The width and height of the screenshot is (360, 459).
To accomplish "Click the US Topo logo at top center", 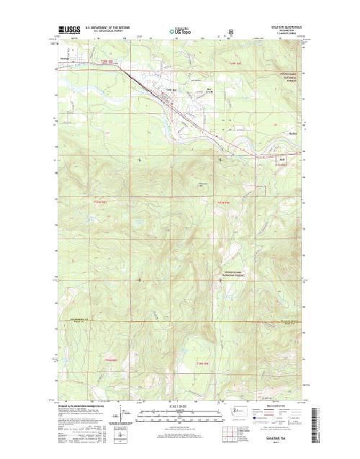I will click(181, 32).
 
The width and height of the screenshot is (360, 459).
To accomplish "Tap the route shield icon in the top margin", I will click(230, 31).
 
